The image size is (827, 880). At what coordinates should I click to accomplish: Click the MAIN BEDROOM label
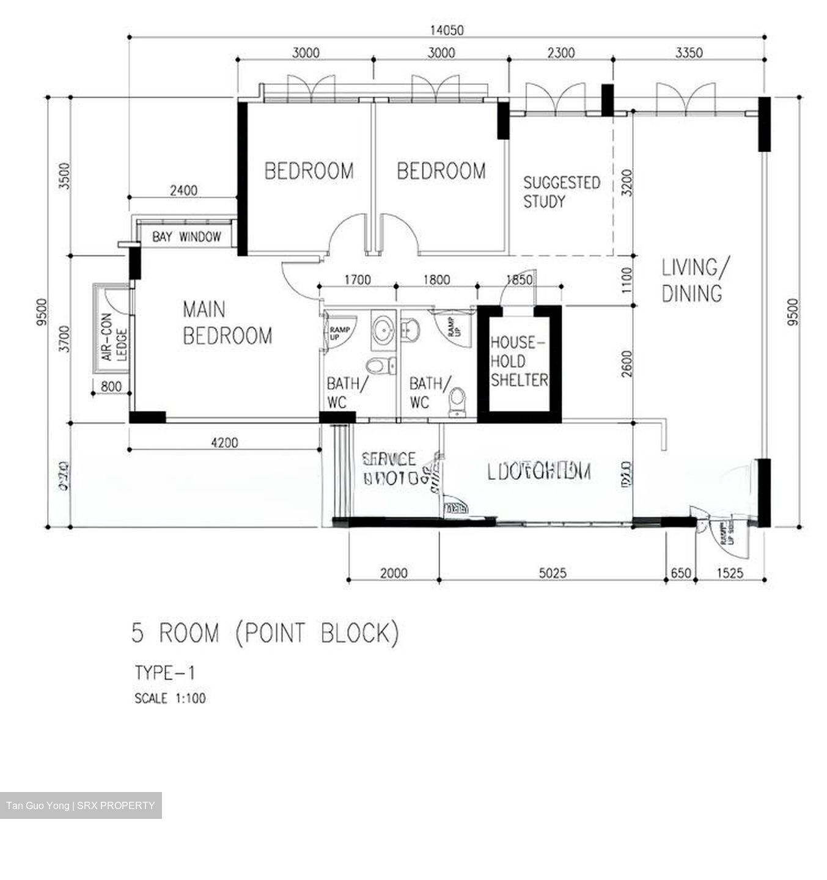click(x=227, y=323)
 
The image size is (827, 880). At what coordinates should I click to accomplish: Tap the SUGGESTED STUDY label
click(x=561, y=192)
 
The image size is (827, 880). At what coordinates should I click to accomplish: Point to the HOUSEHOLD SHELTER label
click(x=519, y=361)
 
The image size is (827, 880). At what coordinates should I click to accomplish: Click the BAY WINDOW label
click(x=186, y=237)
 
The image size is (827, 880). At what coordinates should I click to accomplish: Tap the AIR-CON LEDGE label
click(x=114, y=336)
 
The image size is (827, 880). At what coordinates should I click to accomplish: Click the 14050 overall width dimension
click(x=446, y=30)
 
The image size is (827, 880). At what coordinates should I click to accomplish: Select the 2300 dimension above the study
click(x=561, y=53)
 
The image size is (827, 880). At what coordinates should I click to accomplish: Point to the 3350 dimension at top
click(x=688, y=53)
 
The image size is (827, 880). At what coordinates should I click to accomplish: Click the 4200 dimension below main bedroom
click(x=224, y=442)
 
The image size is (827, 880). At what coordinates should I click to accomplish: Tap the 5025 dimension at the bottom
click(x=552, y=573)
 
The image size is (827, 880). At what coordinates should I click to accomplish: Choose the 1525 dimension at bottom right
click(x=729, y=573)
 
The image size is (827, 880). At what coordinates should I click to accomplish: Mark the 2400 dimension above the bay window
click(x=183, y=191)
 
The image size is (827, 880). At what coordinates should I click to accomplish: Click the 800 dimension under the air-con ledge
click(x=111, y=386)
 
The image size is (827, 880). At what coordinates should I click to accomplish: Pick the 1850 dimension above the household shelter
click(x=519, y=280)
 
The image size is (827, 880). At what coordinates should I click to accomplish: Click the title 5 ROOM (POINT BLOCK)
click(x=265, y=633)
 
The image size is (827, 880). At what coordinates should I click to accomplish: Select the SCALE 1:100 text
click(x=170, y=698)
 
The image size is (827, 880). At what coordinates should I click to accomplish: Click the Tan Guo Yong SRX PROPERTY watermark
click(x=81, y=805)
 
